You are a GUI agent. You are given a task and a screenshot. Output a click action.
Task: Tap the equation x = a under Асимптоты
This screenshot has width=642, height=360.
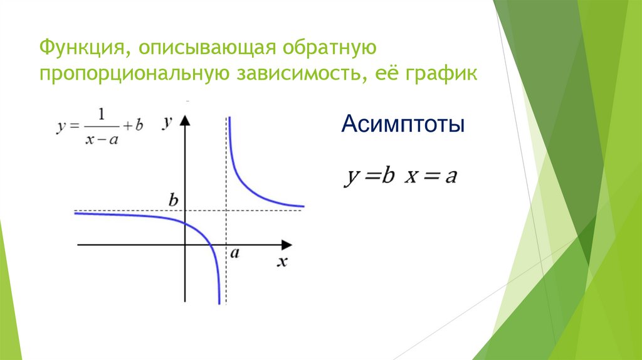(431, 177)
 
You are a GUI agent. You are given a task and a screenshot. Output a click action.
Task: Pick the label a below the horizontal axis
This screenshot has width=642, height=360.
(234, 253)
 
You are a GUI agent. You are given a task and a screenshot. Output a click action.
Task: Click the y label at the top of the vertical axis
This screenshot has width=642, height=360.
(167, 122)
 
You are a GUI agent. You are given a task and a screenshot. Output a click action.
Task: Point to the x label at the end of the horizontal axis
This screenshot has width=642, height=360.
(282, 262)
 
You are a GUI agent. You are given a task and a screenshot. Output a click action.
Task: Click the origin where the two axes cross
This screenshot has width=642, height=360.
(184, 244)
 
